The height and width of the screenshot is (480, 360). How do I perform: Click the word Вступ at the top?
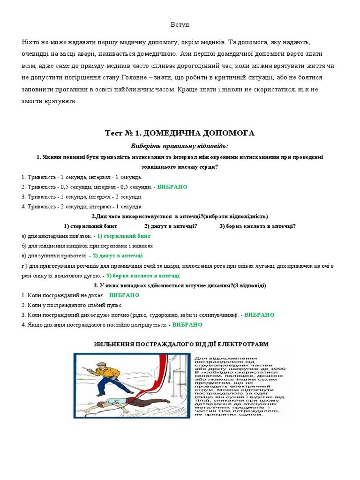180,24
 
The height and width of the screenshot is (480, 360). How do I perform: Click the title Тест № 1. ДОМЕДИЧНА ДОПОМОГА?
180,133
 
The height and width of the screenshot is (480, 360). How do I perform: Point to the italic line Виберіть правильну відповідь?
180,146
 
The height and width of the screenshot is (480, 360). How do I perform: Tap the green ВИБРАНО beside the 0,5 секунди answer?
172,187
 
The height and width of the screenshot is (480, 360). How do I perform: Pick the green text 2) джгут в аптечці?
118,255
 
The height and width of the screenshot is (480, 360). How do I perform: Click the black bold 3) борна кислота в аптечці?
257,226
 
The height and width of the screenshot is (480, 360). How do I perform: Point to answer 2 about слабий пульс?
72,305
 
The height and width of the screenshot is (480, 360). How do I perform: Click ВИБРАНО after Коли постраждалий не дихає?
124,295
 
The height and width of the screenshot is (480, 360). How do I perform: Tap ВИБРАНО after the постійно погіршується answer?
187,324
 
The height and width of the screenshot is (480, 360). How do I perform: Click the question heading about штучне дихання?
180,285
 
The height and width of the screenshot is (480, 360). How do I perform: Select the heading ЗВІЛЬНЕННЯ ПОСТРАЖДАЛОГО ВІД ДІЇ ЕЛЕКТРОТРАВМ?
180,344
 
